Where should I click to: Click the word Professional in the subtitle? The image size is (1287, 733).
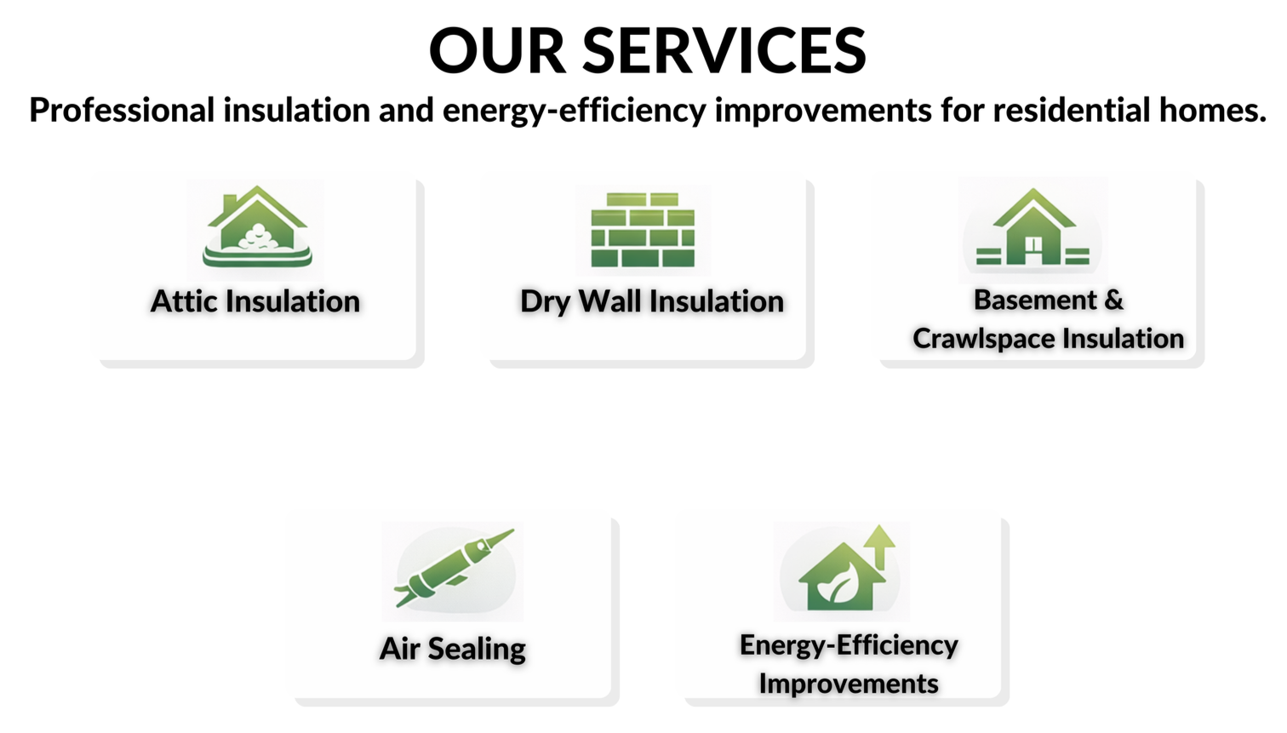(x=122, y=111)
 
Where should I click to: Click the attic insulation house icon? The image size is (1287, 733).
(x=256, y=227)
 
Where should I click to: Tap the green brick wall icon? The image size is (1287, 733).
(x=643, y=230)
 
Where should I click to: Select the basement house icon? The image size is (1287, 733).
(x=1032, y=228)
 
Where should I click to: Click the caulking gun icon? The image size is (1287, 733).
(x=453, y=568)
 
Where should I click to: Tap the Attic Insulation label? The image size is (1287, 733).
(x=255, y=301)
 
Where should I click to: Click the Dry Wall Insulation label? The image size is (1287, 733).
(x=651, y=301)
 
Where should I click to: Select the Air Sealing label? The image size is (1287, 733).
(x=452, y=649)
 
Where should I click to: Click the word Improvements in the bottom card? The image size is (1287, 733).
(x=848, y=684)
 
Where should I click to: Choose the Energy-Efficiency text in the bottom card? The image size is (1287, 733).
(x=848, y=645)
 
